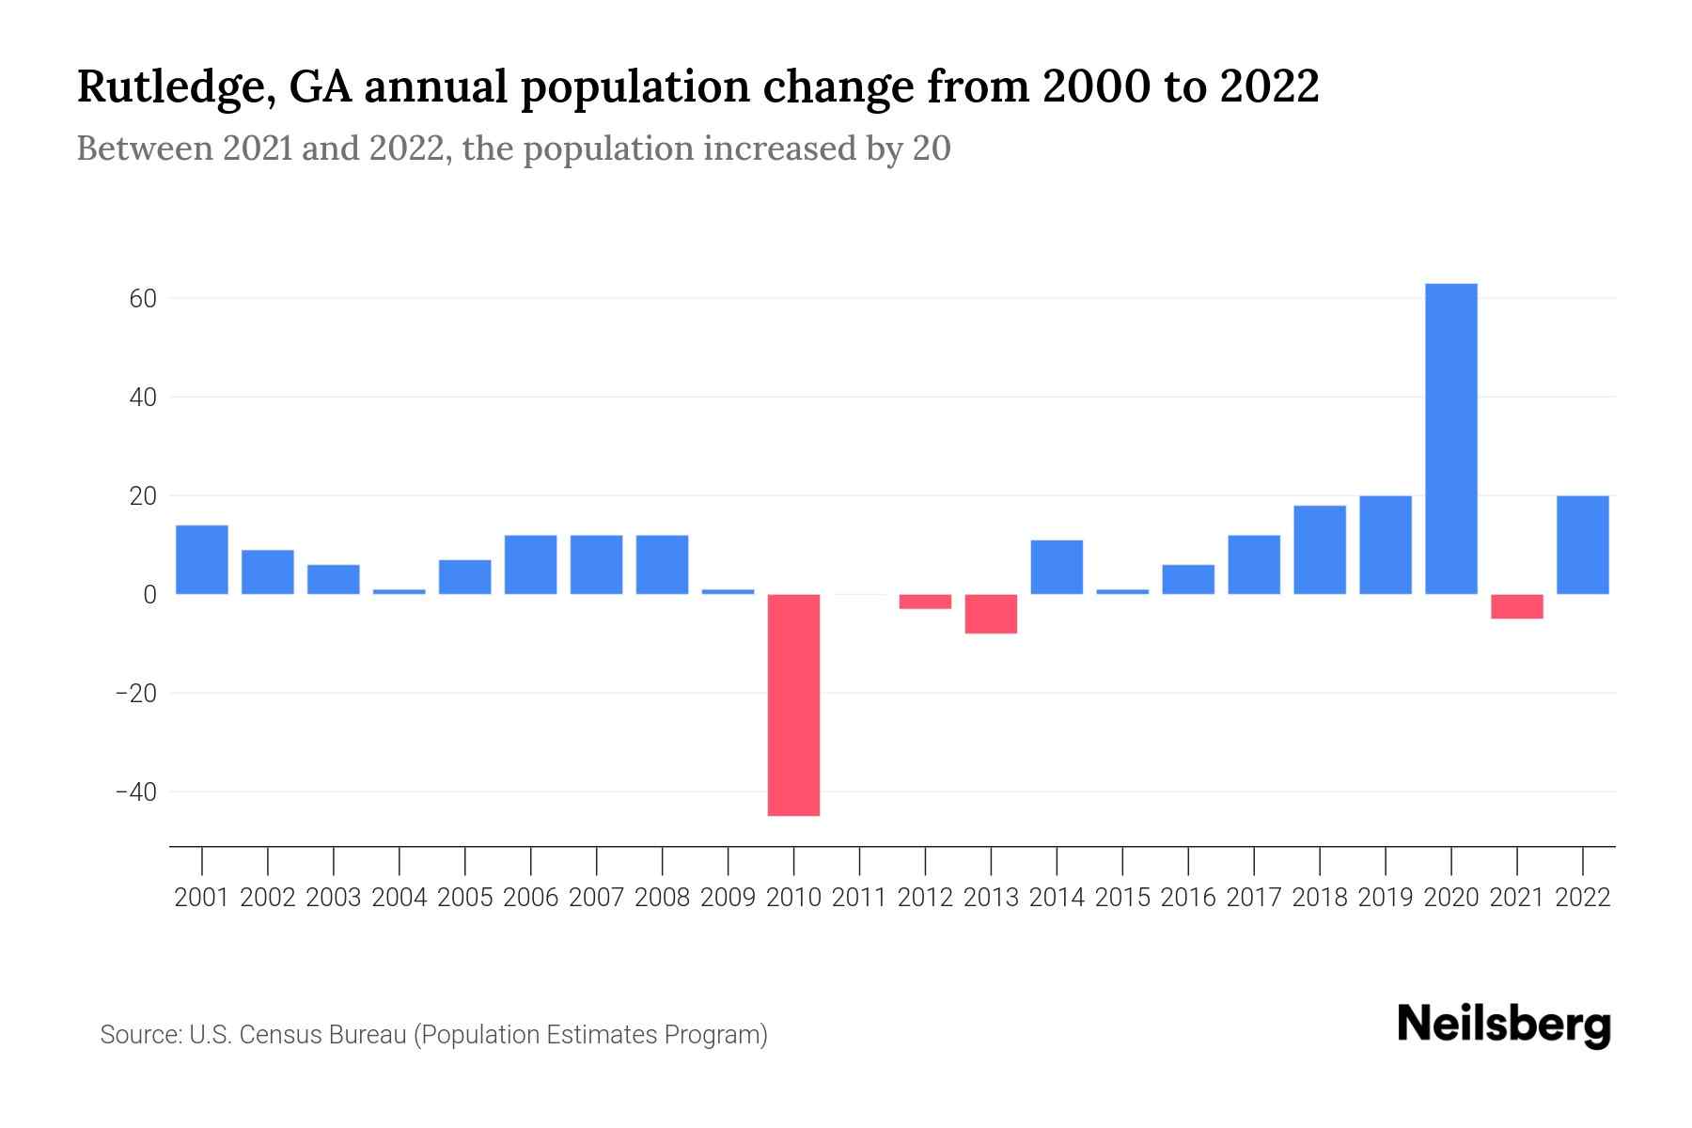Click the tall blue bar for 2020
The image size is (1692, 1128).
[1451, 439]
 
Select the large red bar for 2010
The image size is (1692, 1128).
[793, 705]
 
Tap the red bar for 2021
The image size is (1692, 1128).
[1517, 606]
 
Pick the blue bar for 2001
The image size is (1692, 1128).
[202, 559]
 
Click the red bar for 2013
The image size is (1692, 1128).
[991, 614]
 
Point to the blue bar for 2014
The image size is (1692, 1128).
[1057, 567]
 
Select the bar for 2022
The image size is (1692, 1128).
[1583, 545]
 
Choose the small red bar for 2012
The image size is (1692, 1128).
[925, 602]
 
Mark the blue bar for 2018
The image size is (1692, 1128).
[1320, 550]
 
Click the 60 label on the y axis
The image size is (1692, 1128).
[142, 299]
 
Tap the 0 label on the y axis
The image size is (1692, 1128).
[149, 595]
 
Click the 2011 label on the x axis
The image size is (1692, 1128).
[859, 898]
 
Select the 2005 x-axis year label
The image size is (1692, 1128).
[465, 898]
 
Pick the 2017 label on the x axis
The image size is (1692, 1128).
[1254, 898]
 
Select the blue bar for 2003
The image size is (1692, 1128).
[334, 579]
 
